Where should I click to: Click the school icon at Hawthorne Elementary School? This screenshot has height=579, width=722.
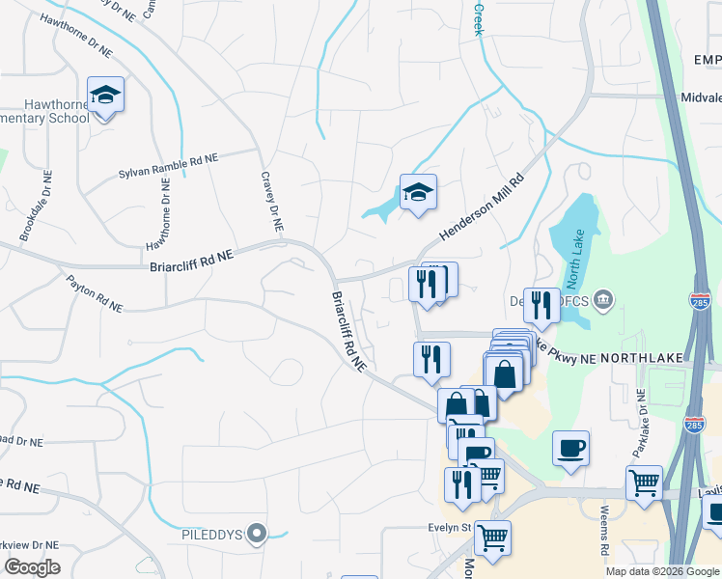coord(106,96)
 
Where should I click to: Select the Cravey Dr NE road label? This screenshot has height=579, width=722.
coord(271,203)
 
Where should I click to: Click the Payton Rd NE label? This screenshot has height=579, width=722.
coord(95,293)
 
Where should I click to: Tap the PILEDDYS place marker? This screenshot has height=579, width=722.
coord(256,533)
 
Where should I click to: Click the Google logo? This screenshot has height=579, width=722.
coord(31,567)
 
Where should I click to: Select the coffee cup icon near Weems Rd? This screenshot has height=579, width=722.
coord(570,449)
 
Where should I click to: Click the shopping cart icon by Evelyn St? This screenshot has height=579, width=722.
coord(492,537)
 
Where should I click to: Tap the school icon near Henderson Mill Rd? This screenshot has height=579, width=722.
coord(418,192)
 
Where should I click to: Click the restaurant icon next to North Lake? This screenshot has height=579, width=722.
coord(541,305)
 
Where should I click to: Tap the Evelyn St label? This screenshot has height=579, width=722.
coord(450,528)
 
